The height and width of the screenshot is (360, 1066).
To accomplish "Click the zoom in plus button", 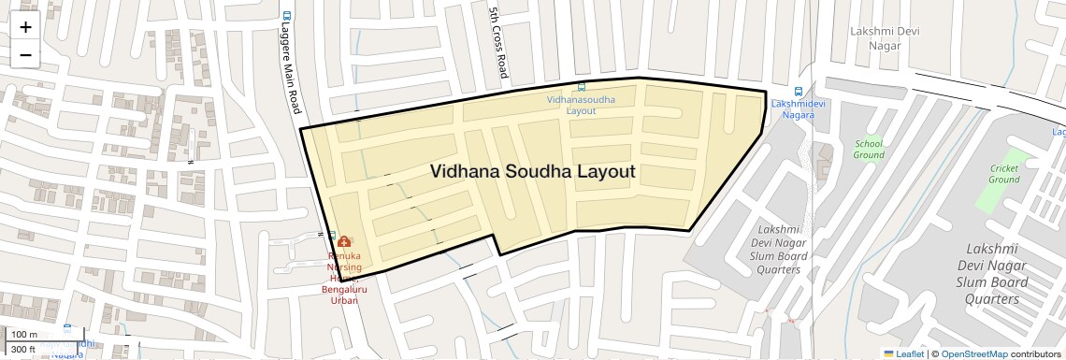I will pyautogui.click(x=25, y=27).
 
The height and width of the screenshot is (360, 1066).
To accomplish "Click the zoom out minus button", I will pyautogui.click(x=25, y=55).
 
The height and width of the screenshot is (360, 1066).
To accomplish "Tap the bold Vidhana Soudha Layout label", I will pyautogui.click(x=532, y=171).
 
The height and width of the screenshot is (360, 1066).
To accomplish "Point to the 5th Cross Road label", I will pyautogui.click(x=497, y=42).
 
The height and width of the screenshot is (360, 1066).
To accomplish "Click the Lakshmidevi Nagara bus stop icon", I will pyautogui.click(x=798, y=92).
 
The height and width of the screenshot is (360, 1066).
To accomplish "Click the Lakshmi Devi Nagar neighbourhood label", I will pyautogui.click(x=878, y=37).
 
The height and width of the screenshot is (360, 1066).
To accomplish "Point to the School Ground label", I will pyautogui.click(x=869, y=149).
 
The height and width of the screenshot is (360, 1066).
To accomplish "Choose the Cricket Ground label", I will pyautogui.click(x=1004, y=173).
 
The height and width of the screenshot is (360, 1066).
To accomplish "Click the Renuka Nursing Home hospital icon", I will pyautogui.click(x=344, y=241).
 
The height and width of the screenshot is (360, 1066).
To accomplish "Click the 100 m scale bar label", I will pyautogui.click(x=25, y=335).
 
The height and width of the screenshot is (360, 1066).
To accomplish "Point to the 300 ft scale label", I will pyautogui.click(x=23, y=349).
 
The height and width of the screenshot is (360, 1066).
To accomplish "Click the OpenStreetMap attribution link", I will pyautogui.click(x=973, y=353).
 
